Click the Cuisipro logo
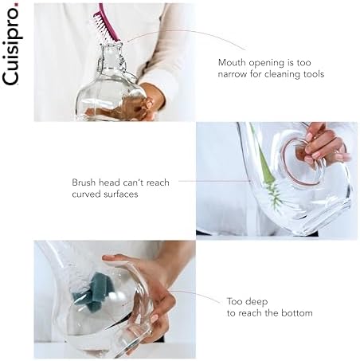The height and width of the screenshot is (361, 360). point(11,44)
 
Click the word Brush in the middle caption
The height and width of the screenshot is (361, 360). point(84,182)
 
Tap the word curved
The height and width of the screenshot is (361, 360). point(87,194)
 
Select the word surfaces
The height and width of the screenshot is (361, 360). point(121,194)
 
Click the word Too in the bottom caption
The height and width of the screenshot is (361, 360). point(234,301)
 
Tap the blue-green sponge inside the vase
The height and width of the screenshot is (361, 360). point(93,292)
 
